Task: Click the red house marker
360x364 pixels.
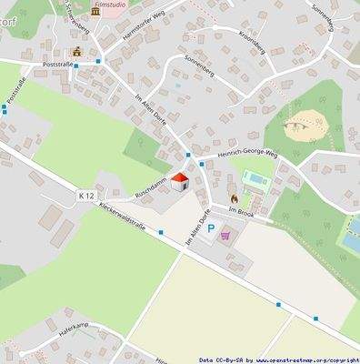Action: pos(179,182)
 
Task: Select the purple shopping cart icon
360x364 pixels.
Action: pos(225,234)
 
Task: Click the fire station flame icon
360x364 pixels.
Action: pos(234,197)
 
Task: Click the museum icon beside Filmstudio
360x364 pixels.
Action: pos(95,12)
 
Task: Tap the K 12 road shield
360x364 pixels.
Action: pos(86,196)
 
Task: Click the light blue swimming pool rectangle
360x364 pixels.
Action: pos(255,178)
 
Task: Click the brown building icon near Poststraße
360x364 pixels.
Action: pos(76,52)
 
